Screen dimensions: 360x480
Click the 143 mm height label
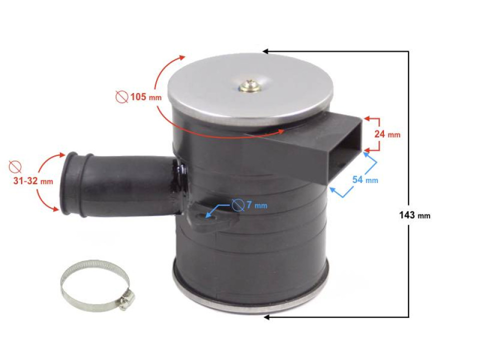(x=414, y=215)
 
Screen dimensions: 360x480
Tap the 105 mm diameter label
(x=145, y=97)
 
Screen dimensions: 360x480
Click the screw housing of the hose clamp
(x=126, y=299)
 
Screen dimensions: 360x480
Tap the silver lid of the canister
(x=250, y=95)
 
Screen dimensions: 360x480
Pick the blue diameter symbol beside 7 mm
(x=238, y=205)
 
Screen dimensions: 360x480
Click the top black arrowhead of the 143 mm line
(x=265, y=51)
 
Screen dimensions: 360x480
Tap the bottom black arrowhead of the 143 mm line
(x=266, y=317)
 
